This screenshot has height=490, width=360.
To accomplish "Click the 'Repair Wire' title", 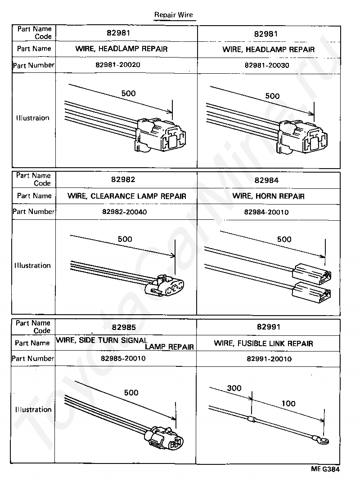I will coord(173,15).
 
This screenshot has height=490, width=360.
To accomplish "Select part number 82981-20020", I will coord(118,65).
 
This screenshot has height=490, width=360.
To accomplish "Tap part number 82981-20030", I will coord(267,65).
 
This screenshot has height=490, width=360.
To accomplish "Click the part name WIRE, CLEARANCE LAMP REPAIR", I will coord(127,196).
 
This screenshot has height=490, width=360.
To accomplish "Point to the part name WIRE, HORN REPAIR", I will coord(269,196).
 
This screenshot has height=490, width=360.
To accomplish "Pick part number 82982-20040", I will coord(124,212).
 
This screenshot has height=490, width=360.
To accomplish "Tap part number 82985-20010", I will coord(123,359).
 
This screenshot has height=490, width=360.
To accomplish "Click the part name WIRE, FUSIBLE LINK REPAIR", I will coord(264,343).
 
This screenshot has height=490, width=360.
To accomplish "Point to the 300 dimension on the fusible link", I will coord(234,388).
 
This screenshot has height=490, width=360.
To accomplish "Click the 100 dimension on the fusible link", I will coord(288,403).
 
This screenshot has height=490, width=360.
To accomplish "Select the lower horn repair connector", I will coord(312,292).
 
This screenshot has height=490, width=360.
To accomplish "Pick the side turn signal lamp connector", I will coord(166,438).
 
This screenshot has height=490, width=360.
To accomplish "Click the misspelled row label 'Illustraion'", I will coord(33,118).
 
